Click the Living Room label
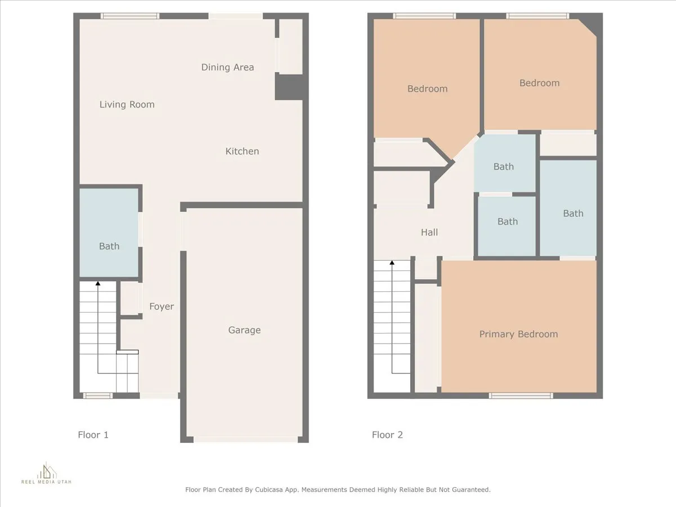(x=127, y=104)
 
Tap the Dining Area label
(x=228, y=67)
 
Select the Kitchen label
(x=242, y=151)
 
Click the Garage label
(x=244, y=330)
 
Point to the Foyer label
(x=161, y=306)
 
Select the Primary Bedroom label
(x=518, y=334)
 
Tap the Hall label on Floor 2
(x=429, y=232)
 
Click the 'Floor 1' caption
(x=93, y=435)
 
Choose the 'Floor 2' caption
(x=387, y=435)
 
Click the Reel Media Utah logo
(x=47, y=473)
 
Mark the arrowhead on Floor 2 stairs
(x=392, y=263)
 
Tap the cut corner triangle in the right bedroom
(x=590, y=25)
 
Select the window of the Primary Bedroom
(x=521, y=395)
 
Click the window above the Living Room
(x=130, y=16)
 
